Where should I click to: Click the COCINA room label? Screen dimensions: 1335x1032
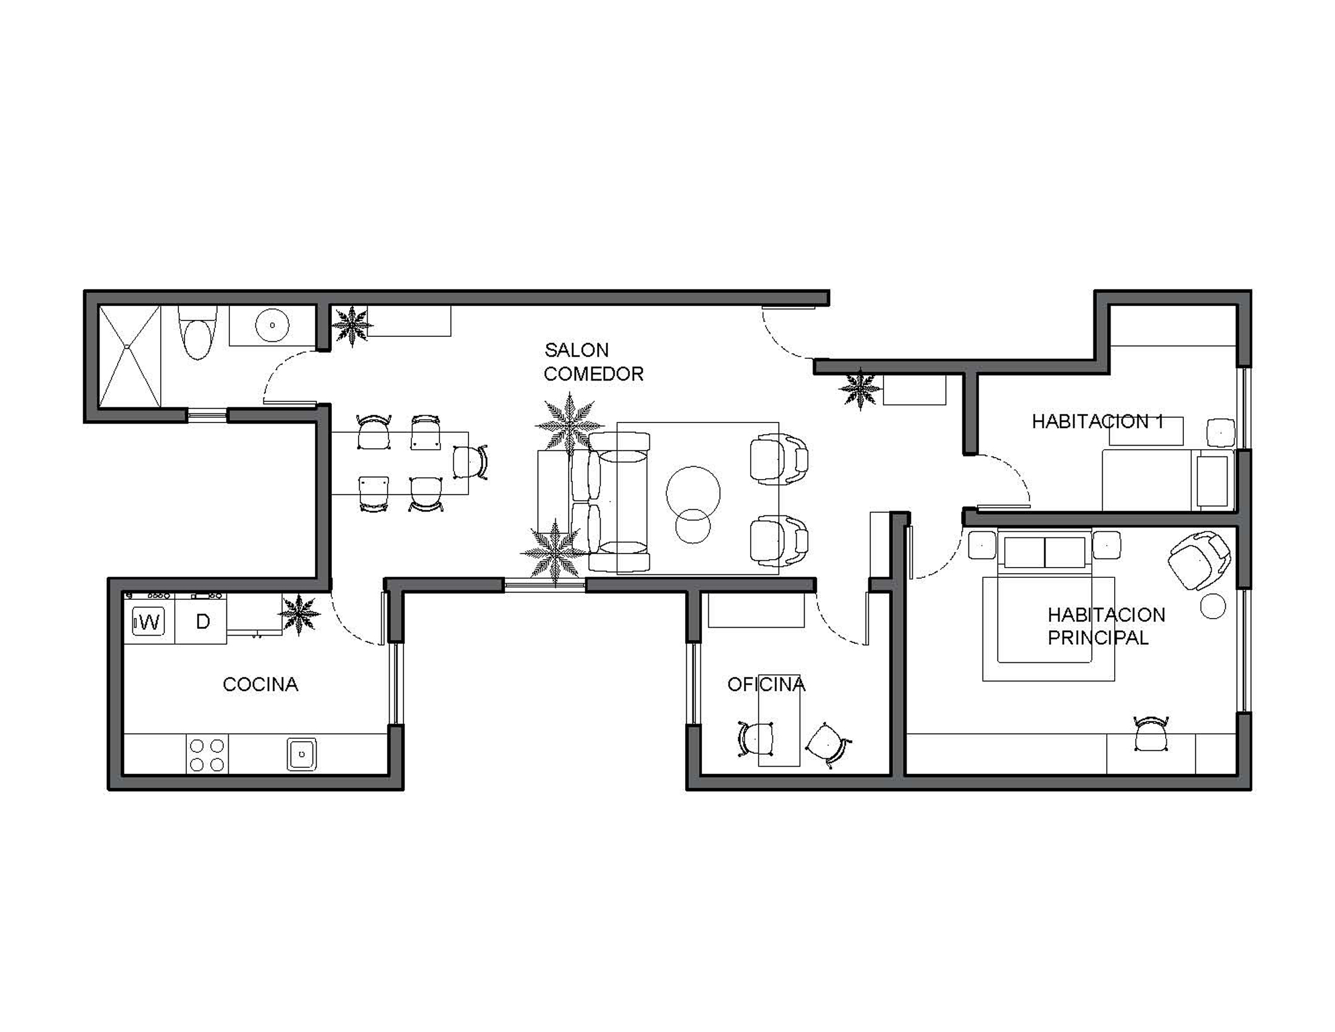pos(260,684)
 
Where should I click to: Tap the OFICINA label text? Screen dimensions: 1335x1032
pos(766,684)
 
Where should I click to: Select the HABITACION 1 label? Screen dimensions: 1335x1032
pos(1097,421)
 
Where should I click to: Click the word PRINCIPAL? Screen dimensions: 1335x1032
pos(1098,637)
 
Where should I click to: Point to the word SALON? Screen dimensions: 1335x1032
pos(576,350)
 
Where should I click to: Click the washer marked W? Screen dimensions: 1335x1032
pos(149,622)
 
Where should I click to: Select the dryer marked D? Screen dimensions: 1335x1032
pos(201,621)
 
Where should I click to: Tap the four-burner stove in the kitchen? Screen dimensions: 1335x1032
pos(206,755)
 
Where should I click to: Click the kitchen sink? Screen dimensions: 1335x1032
pos(302,755)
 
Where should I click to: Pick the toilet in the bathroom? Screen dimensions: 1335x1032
pos(197,333)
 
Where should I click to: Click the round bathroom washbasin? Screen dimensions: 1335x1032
pos(272,325)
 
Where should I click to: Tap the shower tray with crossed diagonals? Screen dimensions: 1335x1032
pos(130,356)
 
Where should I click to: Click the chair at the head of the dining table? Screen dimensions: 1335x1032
pos(470,463)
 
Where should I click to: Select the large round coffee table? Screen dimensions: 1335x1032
pos(693,493)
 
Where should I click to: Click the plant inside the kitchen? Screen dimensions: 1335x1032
pos(299,614)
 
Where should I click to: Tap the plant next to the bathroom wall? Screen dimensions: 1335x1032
pos(352,327)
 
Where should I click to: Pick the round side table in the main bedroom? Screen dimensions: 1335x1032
pos(1213,606)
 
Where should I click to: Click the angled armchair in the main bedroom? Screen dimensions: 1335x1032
pos(1198,561)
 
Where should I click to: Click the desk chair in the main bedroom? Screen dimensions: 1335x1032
pos(1151,734)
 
